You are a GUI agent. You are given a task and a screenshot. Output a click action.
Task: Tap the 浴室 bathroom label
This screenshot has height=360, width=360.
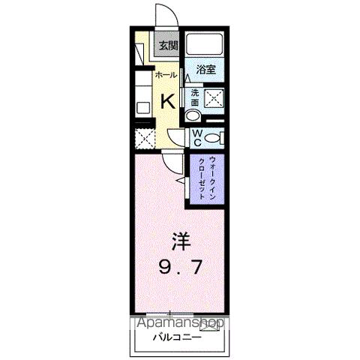(206, 70)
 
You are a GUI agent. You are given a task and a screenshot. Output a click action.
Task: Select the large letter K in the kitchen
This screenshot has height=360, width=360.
(169, 101)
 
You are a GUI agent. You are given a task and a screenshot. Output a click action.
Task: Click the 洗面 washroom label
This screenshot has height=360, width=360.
(194, 97)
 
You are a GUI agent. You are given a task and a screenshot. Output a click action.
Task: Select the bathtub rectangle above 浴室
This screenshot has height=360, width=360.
(206, 45)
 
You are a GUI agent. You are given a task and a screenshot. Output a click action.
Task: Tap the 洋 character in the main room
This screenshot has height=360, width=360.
(181, 242)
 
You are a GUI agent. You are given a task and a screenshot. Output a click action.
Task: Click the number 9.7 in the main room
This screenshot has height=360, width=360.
(181, 267)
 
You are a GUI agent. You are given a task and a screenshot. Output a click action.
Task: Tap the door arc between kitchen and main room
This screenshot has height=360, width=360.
(175, 139)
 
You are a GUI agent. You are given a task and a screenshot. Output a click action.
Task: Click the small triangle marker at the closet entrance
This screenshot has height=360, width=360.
(180, 181)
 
